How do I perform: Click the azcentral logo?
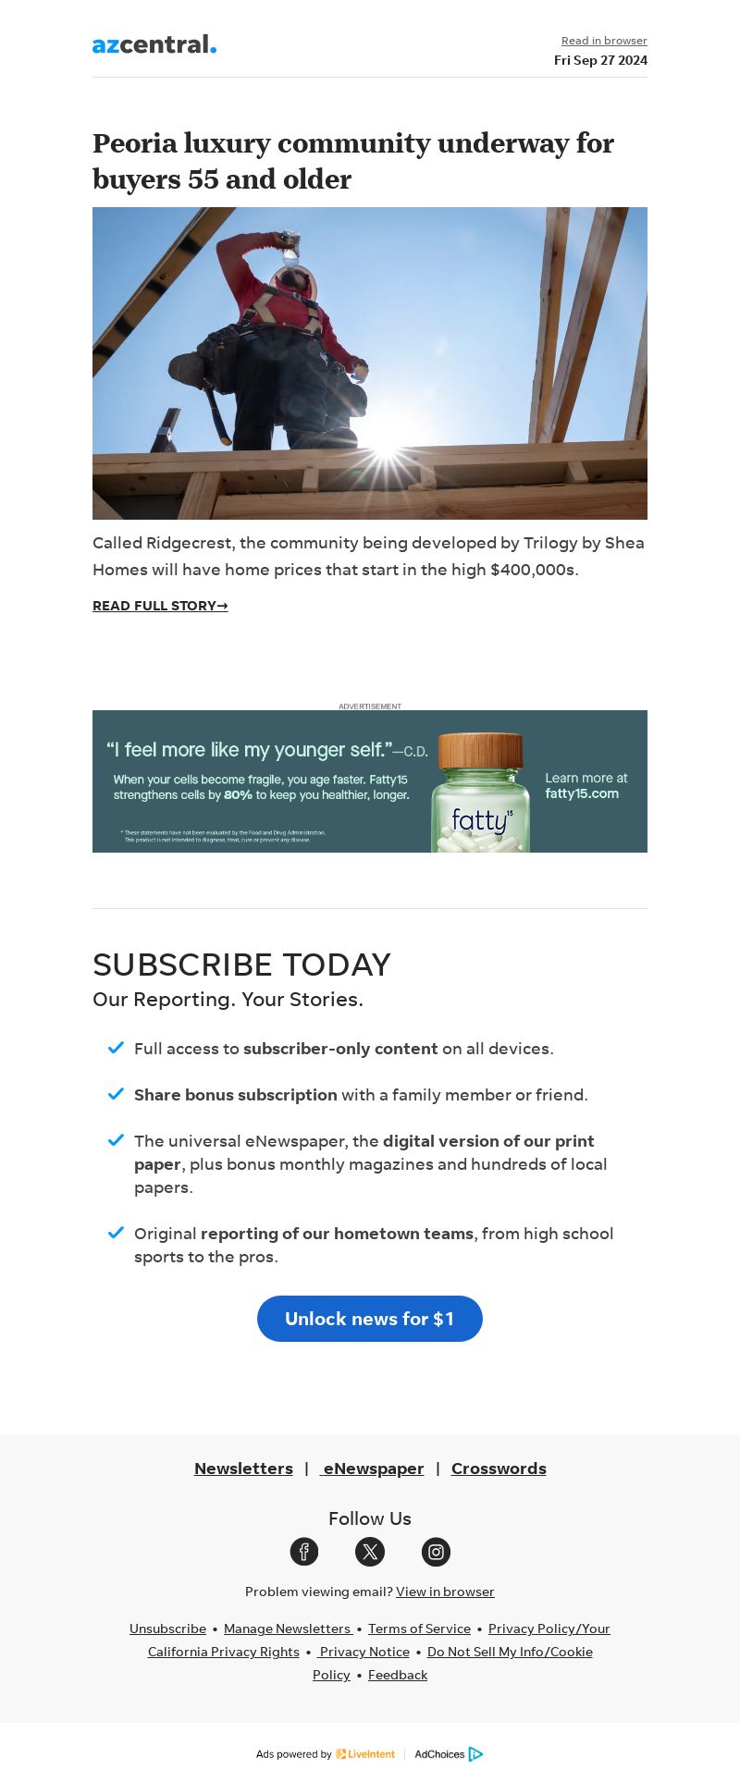coord(154,44)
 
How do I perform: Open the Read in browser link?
coord(604,41)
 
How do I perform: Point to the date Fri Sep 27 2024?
coord(600,60)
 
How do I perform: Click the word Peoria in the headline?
coord(134,143)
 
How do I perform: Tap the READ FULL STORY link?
coord(160,606)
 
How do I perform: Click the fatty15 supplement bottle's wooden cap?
coord(480,750)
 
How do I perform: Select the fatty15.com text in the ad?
coord(582,793)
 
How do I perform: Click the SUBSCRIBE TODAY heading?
coord(241,965)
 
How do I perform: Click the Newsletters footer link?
coord(243,1469)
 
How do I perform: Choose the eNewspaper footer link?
coord(373,1469)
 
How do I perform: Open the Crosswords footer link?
coord(499,1469)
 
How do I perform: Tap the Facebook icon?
coord(304,1552)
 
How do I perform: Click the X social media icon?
coord(370,1552)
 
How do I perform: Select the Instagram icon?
coord(436,1552)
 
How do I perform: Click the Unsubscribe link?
coord(167,1629)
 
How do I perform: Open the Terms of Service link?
coord(419,1629)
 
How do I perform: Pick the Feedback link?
coord(398,1675)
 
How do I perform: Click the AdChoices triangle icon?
coord(475,1754)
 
